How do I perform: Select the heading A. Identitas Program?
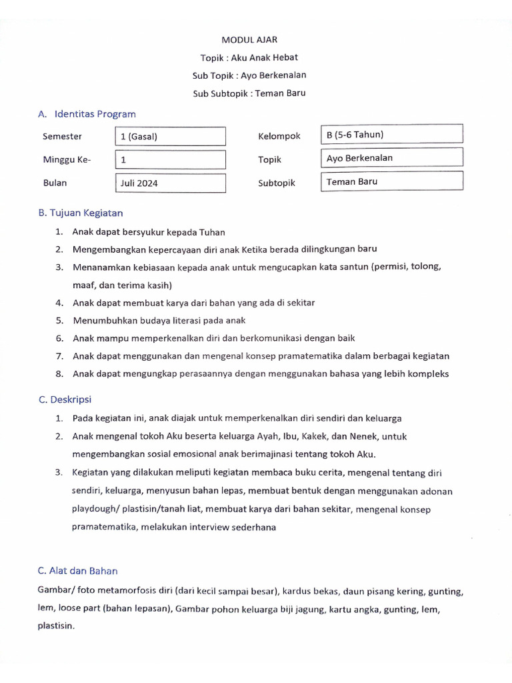click(87, 114)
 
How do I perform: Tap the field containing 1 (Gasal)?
click(170, 137)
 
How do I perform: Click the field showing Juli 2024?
click(170, 183)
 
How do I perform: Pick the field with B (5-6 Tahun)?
click(391, 134)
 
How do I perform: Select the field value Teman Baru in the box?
click(391, 181)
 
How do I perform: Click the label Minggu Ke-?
click(66, 160)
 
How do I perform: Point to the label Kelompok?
click(279, 137)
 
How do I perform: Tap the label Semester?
click(63, 137)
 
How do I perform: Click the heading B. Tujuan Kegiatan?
click(81, 213)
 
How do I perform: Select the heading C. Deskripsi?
click(65, 400)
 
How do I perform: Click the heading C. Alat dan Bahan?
click(78, 570)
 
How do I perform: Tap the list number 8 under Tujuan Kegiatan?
click(59, 374)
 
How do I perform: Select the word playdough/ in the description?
click(96, 509)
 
